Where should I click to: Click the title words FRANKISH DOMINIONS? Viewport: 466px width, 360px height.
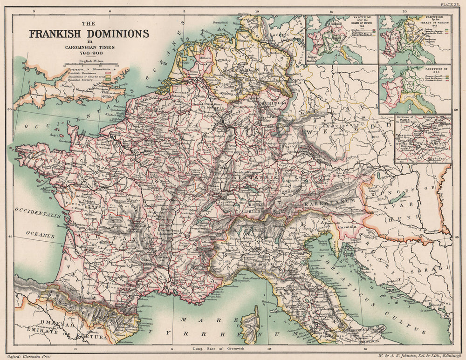[89, 34]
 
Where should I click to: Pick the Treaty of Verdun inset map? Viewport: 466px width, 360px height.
[414, 40]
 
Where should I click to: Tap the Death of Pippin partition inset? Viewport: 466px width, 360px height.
[341, 40]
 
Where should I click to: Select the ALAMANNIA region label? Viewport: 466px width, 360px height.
[254, 177]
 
